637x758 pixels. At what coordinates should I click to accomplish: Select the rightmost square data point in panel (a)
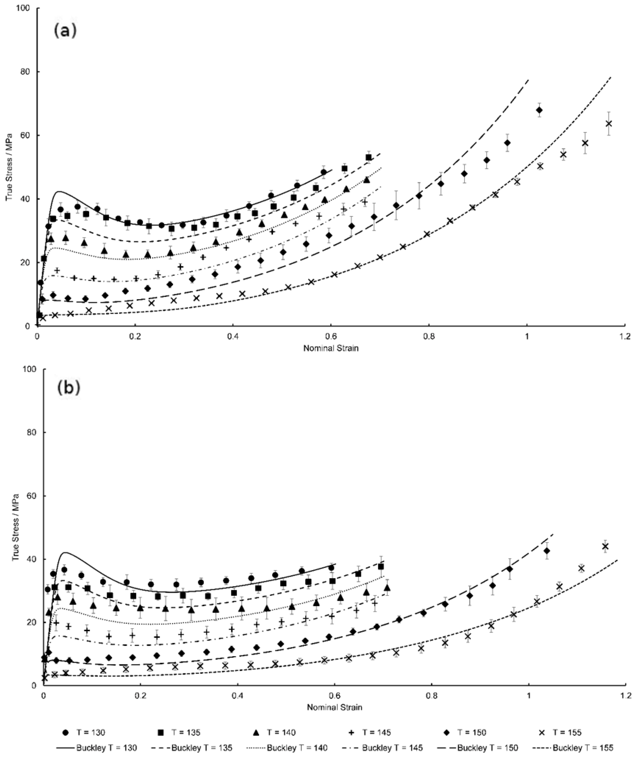tap(368, 158)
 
